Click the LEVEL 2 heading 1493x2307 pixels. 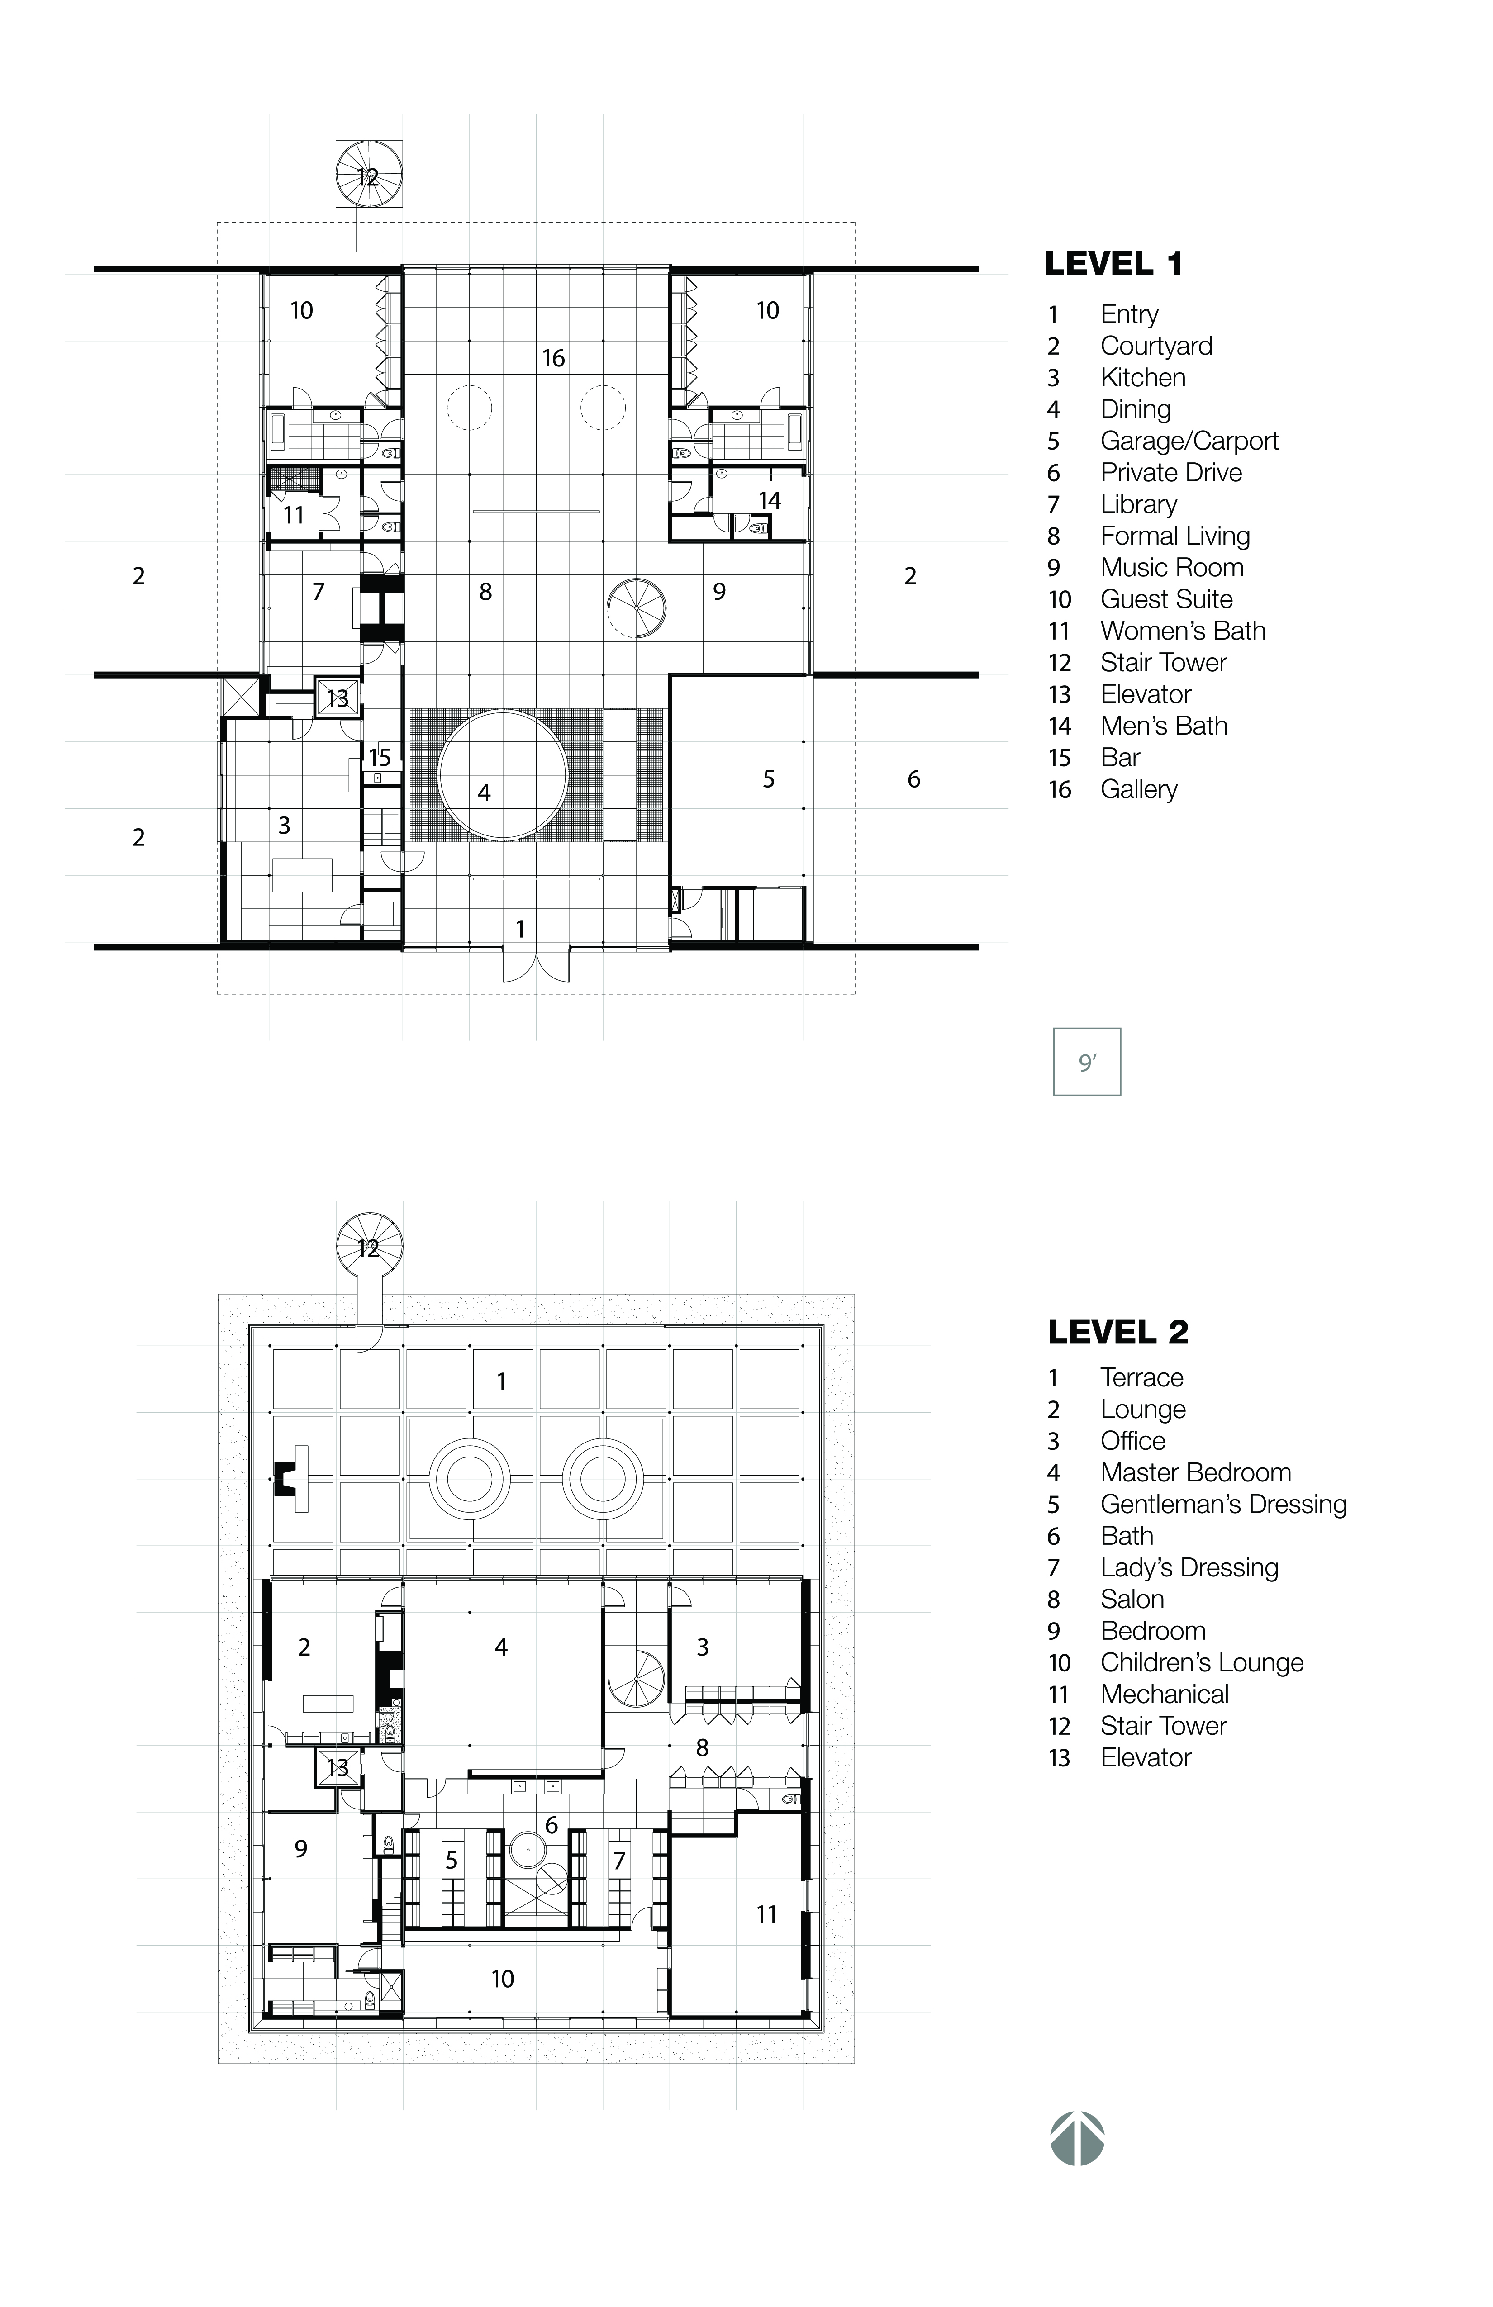(1118, 1332)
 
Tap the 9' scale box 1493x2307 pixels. (1087, 1063)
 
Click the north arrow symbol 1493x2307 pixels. (1077, 2138)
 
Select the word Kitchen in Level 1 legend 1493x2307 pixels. (1142, 378)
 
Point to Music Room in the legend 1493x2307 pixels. (1171, 568)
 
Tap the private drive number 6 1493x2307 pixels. (913, 779)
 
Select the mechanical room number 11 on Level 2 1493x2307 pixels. (766, 1914)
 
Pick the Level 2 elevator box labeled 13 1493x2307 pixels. (338, 1767)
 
